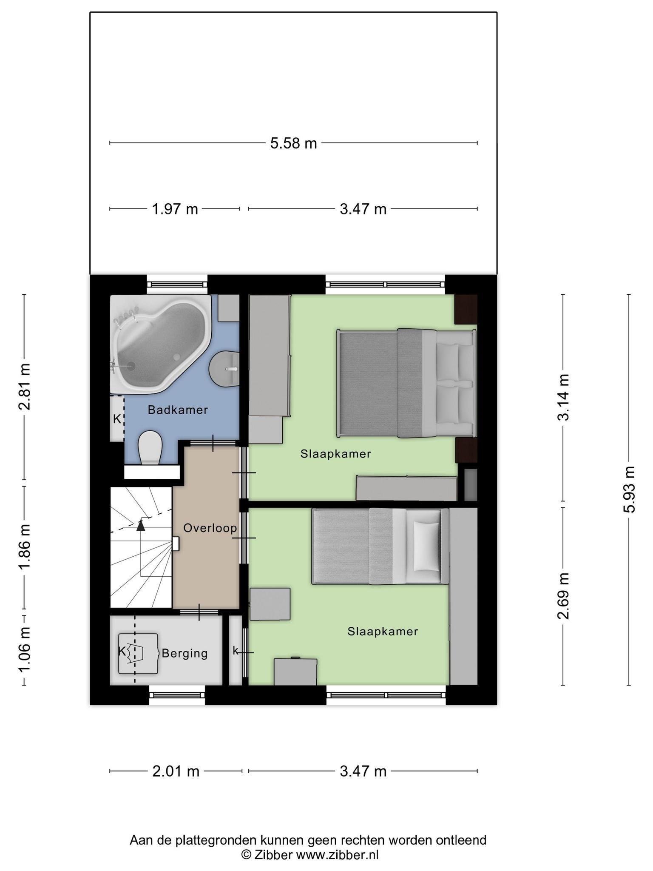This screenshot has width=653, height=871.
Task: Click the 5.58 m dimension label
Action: pyautogui.click(x=293, y=143)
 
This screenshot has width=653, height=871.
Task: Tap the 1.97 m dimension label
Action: pyautogui.click(x=175, y=209)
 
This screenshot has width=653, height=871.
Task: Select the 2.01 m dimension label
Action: pyautogui.click(x=176, y=771)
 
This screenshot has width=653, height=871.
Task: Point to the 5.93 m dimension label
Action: pyautogui.click(x=630, y=490)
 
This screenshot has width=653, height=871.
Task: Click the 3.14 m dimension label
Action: pyautogui.click(x=563, y=397)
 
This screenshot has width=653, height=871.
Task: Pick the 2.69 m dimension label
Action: pyautogui.click(x=563, y=596)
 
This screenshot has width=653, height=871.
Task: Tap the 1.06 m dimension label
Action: pyautogui.click(x=24, y=650)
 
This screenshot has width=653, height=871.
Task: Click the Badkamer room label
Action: pyautogui.click(x=178, y=410)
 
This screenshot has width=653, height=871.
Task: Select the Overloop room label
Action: pyautogui.click(x=210, y=528)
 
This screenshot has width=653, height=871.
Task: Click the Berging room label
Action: pyautogui.click(x=185, y=653)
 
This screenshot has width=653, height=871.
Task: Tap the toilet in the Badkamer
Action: pyautogui.click(x=150, y=447)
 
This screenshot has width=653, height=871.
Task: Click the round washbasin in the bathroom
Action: pyautogui.click(x=224, y=369)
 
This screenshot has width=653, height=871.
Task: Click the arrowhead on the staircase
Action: pyautogui.click(x=140, y=526)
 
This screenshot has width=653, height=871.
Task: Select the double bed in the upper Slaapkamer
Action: pyautogui.click(x=406, y=383)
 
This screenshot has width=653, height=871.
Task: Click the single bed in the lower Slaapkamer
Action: pyautogui.click(x=380, y=547)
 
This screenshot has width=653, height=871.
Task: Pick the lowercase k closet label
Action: pyautogui.click(x=235, y=650)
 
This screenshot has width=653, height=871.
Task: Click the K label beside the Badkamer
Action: pyautogui.click(x=117, y=419)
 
